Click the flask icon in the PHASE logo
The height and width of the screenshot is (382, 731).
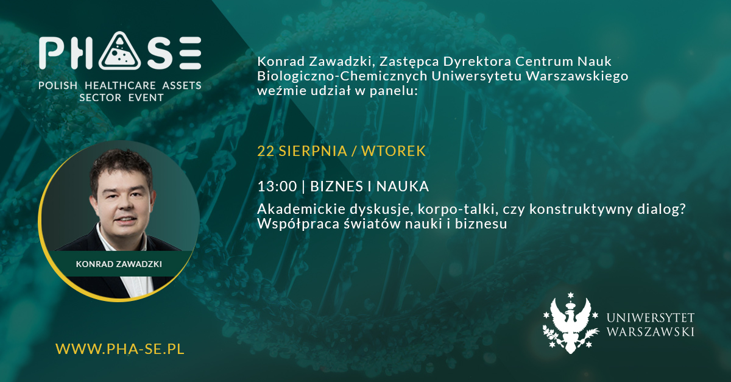pyautogui.click(x=120, y=52)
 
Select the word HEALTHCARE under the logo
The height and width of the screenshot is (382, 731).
pyautogui.click(x=120, y=85)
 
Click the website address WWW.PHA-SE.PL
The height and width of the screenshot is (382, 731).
pyautogui.click(x=120, y=348)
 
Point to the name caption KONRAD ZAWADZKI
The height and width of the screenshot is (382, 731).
pyautogui.click(x=119, y=264)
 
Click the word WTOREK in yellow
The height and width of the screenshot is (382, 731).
pyautogui.click(x=394, y=151)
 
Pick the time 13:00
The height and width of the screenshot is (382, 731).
pyautogui.click(x=277, y=186)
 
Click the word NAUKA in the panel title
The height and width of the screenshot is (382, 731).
pyautogui.click(x=403, y=186)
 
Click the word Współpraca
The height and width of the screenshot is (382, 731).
pyautogui.click(x=298, y=224)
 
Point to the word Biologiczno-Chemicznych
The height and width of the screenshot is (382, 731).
pyautogui.click(x=342, y=76)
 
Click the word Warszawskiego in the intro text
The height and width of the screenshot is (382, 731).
pyautogui.click(x=577, y=76)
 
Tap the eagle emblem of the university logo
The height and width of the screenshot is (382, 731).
pyautogui.click(x=570, y=324)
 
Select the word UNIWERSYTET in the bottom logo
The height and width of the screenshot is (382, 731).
pyautogui.click(x=650, y=317)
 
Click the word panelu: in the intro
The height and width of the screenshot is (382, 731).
pyautogui.click(x=394, y=91)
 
